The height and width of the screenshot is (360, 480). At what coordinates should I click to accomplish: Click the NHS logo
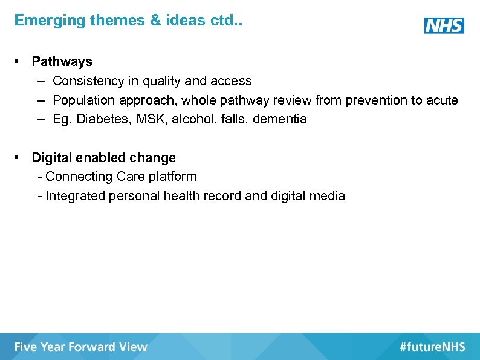(x=444, y=25)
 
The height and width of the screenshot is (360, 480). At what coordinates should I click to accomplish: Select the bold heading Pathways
(x=62, y=62)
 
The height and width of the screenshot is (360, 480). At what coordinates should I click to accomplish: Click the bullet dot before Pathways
(x=19, y=62)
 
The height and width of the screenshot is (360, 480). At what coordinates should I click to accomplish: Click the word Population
(x=84, y=100)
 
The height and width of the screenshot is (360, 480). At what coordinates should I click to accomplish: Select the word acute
(x=442, y=100)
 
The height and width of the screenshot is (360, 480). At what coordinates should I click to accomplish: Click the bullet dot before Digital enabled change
(x=19, y=158)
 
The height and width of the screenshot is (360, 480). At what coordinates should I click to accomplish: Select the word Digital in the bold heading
(x=52, y=158)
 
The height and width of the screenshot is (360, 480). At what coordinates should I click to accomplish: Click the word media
(x=327, y=196)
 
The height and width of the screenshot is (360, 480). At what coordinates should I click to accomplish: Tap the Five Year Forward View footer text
(x=81, y=347)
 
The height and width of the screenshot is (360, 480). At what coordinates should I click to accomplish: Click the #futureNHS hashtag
(x=432, y=347)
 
